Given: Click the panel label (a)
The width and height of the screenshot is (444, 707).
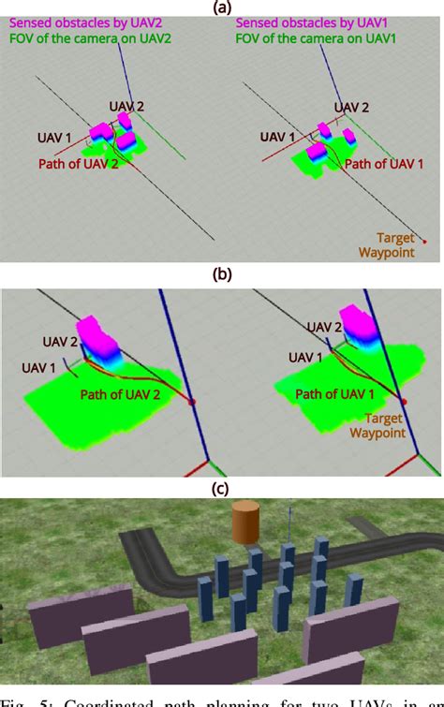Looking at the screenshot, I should pos(222,7).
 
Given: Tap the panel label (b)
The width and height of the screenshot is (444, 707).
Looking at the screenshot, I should pos(222,275).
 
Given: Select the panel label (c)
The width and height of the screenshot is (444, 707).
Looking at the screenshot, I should pos(222,487).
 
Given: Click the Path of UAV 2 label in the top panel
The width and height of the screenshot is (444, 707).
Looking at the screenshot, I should pos(78,163).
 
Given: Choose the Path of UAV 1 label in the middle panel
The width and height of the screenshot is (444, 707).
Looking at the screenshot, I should pos(336,394).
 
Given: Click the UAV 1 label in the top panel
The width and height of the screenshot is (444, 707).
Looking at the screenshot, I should pos(54,138).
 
